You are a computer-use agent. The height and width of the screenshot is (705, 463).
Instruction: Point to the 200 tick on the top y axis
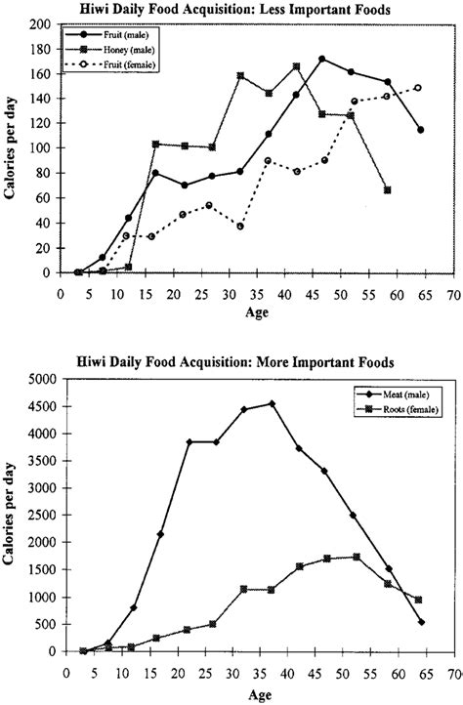point(47,23)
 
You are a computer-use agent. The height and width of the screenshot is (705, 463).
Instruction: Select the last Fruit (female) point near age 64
point(418,88)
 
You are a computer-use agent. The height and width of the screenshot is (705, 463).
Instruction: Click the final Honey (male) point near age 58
point(388,190)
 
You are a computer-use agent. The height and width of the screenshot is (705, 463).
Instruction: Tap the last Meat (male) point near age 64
point(421,621)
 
